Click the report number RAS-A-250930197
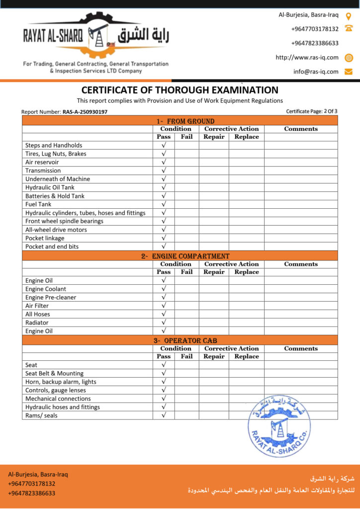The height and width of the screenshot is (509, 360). [x=85, y=112]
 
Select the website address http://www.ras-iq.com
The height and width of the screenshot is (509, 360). [x=307, y=58]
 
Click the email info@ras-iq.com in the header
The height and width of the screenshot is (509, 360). [x=316, y=72]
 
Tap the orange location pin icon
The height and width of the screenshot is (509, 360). [x=349, y=15]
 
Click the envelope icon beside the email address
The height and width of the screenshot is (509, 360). [x=349, y=72]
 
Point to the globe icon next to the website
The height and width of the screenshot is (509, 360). [x=349, y=58]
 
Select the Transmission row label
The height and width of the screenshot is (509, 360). [x=43, y=170]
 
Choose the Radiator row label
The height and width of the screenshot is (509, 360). [x=38, y=323]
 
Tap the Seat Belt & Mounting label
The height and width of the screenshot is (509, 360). [x=54, y=373]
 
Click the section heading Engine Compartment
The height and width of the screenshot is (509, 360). [x=185, y=256]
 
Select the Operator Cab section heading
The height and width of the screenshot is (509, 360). [x=185, y=340]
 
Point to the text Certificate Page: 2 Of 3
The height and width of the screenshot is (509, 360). [x=312, y=111]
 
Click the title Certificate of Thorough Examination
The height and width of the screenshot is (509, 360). [x=180, y=90]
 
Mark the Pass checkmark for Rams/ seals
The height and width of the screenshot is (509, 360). [x=164, y=416]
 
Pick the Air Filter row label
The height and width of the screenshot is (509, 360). [x=37, y=306]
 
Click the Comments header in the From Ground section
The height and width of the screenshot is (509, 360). [x=301, y=129]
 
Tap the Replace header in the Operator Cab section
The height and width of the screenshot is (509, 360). [x=247, y=356]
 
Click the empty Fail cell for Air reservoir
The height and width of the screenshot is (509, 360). [x=186, y=162]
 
